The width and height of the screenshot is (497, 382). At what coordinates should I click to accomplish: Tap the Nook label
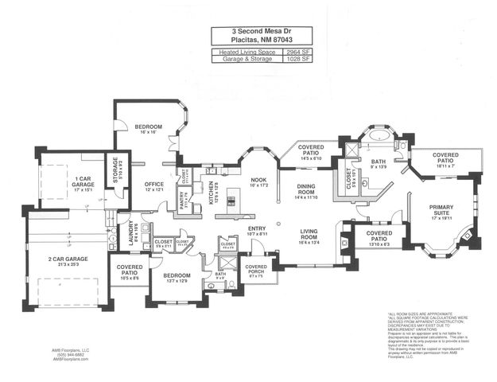(258, 180)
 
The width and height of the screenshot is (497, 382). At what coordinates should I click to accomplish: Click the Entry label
(256, 229)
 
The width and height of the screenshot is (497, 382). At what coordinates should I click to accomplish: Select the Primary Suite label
(441, 209)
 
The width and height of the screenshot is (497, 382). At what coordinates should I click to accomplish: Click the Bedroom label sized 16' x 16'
(148, 127)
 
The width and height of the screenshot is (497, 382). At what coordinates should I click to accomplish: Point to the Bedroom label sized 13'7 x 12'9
(177, 276)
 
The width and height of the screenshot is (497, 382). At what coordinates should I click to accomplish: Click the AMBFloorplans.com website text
(72, 360)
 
